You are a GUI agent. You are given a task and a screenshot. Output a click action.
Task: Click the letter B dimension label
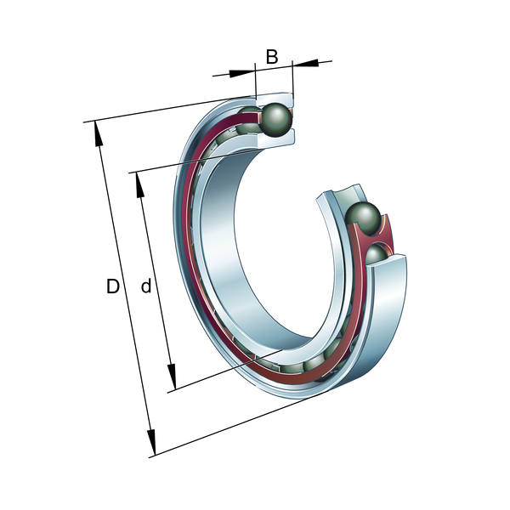(272, 57)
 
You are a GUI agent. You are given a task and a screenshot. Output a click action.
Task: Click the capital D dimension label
(113, 286)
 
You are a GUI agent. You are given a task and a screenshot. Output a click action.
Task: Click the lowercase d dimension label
(146, 286)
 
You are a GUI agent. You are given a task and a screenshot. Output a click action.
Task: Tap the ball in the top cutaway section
(277, 119)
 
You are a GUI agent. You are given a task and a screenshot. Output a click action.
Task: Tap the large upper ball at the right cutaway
(363, 218)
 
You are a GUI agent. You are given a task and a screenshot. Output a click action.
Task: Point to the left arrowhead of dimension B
(241, 73)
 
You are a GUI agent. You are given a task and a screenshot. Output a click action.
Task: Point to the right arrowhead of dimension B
(305, 63)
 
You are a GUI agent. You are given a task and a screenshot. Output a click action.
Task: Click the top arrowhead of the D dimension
(99, 134)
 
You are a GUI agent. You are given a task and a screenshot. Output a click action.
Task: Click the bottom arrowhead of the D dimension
(151, 442)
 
